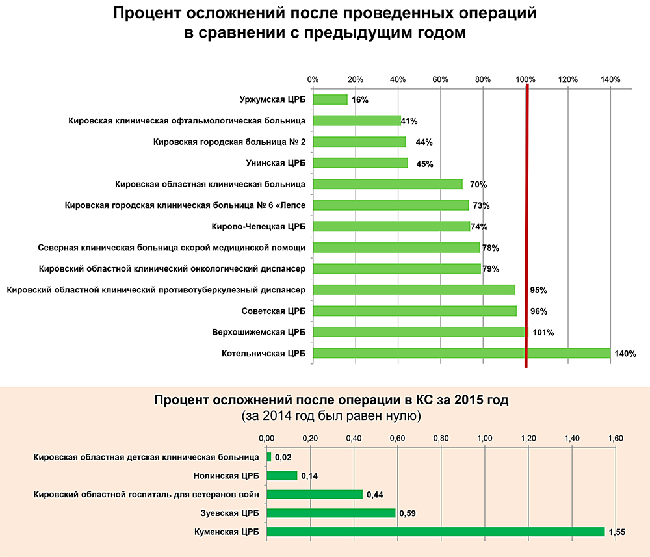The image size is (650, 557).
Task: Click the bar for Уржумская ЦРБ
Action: pos(330,99)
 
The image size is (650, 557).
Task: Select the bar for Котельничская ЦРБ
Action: pos(461,354)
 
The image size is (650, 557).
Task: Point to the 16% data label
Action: pos(359,100)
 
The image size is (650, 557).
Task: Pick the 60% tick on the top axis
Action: pos(441,79)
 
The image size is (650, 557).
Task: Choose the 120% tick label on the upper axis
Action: pos(568,79)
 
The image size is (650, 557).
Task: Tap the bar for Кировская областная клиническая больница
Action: pos(387,184)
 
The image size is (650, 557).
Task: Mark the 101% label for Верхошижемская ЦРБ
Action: pos(543,333)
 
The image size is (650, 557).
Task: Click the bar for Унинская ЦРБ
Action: pos(360,163)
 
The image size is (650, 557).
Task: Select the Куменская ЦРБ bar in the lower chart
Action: pos(435,532)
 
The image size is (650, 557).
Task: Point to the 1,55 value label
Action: pos(617,532)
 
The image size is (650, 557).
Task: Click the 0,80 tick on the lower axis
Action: pos(441,437)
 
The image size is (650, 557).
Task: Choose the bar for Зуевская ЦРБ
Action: pos(331,513)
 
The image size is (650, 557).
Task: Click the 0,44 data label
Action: pos(374,495)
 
